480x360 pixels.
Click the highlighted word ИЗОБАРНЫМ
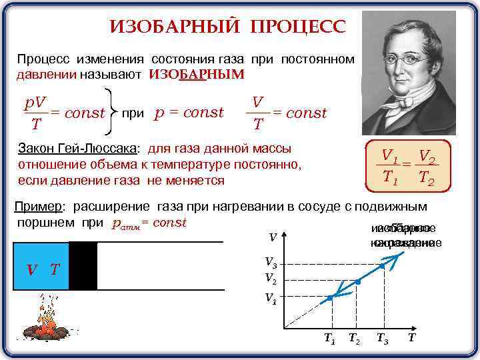click(197, 74)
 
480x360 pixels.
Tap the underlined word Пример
click(40, 207)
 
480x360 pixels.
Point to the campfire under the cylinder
click(47, 324)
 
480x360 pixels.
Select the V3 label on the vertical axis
click(271, 265)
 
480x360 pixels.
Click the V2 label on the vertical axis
click(271, 278)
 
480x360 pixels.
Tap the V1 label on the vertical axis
click(271, 298)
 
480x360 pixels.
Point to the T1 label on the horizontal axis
click(329, 338)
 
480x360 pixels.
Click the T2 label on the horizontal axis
click(355, 338)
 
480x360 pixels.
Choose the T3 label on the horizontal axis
click(383, 338)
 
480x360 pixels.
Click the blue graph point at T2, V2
click(357, 283)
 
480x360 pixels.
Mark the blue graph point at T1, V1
click(330, 298)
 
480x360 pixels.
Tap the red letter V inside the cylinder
click(31, 270)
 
